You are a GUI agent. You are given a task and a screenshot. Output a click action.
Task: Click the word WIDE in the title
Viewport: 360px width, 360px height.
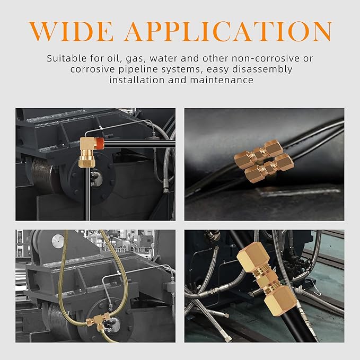click(72, 31)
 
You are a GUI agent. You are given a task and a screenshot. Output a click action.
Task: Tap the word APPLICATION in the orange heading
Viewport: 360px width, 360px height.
click(229, 31)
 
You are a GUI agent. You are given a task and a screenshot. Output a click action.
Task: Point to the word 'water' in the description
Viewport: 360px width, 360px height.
click(163, 58)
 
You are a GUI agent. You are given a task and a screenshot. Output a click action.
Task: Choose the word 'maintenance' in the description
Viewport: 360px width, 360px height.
click(222, 81)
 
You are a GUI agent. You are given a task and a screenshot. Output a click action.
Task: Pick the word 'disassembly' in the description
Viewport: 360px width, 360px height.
click(262, 69)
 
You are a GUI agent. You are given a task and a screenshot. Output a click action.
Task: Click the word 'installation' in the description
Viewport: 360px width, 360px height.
click(137, 81)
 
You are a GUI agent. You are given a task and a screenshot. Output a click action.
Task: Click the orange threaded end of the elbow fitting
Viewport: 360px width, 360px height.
click(99, 143)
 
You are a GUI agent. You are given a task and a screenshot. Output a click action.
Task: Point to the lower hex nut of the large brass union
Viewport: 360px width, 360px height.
click(280, 300)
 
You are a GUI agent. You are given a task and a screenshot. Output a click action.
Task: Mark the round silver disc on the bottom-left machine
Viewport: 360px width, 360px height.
click(58, 241)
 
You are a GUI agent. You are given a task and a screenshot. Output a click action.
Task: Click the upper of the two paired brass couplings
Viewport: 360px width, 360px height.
click(259, 152)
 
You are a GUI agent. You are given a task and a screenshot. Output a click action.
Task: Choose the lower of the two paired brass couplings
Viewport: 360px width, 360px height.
click(269, 168)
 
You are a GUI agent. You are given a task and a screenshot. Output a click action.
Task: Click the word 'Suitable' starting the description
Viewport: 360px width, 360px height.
click(67, 58)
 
